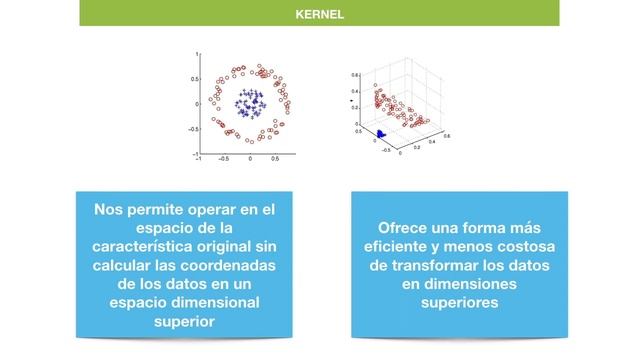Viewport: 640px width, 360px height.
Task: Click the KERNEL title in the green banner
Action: pos(320,15)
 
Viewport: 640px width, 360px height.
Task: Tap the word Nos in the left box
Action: pos(107,209)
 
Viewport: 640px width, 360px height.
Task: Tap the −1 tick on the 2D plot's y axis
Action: pos(194,153)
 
